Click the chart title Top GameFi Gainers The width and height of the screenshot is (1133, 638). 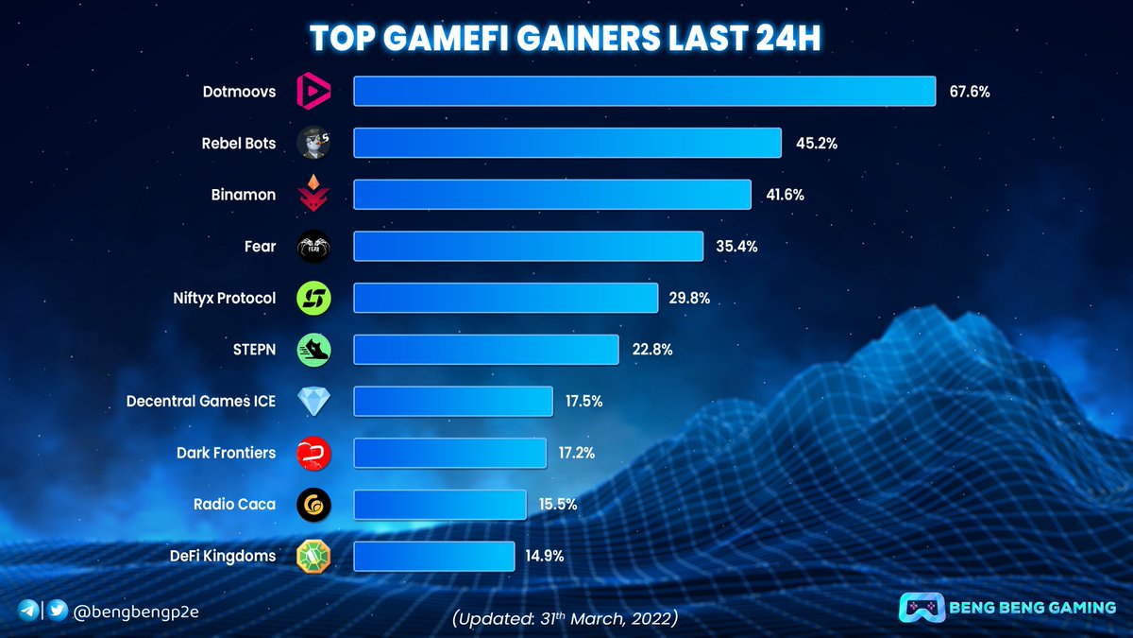coord(566,38)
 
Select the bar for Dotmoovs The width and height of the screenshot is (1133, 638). coord(644,92)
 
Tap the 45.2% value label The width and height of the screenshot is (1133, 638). coord(815,144)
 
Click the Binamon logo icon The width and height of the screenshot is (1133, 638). coord(313,195)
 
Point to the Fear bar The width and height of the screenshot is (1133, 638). coord(528,247)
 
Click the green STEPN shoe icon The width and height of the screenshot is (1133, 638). coord(313,350)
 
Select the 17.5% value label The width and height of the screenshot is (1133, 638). coord(583,401)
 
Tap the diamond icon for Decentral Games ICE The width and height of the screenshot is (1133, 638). coord(313,401)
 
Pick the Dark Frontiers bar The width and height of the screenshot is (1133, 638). coord(449,453)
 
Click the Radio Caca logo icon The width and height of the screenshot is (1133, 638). coord(313,504)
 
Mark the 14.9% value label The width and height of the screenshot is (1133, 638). coord(545,556)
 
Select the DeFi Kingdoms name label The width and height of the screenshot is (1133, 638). coord(224,556)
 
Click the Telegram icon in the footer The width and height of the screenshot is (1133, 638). coord(27,611)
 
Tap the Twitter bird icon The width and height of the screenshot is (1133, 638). coord(58,611)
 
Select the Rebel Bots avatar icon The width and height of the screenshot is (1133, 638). coord(313,144)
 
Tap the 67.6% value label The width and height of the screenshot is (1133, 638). coord(969,92)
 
